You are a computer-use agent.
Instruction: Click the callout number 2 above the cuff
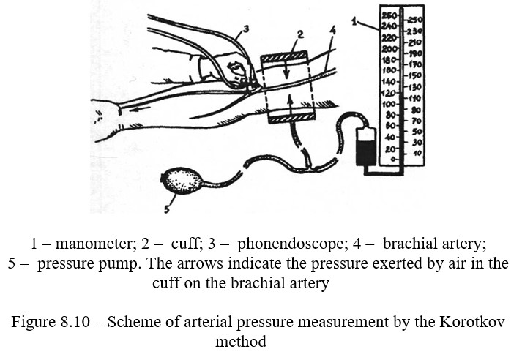299,34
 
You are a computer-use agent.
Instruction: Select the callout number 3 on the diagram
246,29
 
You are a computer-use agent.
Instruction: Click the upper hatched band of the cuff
288,56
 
